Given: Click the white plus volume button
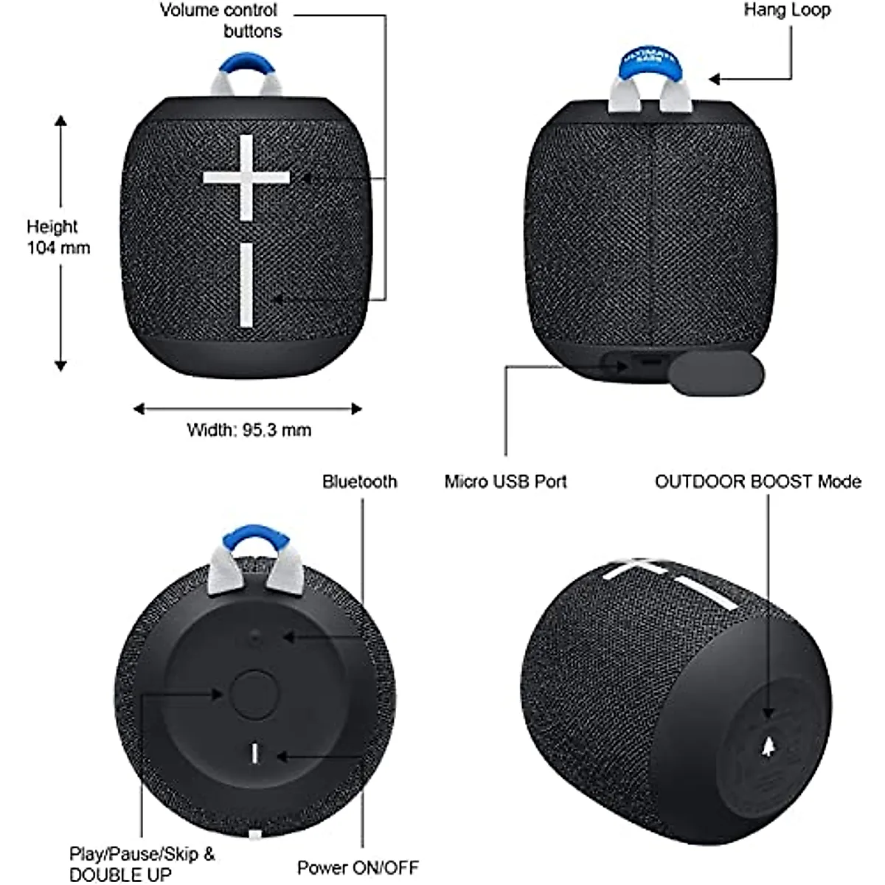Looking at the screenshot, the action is [x=246, y=178].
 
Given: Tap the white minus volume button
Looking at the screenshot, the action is [x=246, y=285].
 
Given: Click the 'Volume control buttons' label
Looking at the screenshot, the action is [x=219, y=21].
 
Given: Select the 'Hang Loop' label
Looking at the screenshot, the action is [x=786, y=10].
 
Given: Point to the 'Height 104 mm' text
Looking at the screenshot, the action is [x=58, y=237].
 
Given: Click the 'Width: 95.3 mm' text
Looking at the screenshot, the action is [x=249, y=429].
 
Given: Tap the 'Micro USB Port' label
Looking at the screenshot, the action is [x=506, y=482].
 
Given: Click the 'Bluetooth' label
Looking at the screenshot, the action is [x=359, y=482].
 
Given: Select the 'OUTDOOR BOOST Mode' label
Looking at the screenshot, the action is [x=757, y=482].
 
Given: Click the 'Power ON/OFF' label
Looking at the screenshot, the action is [x=358, y=867].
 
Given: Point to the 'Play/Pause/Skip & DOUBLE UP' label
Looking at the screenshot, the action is [x=142, y=864].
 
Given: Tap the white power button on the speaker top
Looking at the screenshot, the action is [x=255, y=753].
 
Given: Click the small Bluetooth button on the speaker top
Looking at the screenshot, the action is [x=255, y=637].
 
